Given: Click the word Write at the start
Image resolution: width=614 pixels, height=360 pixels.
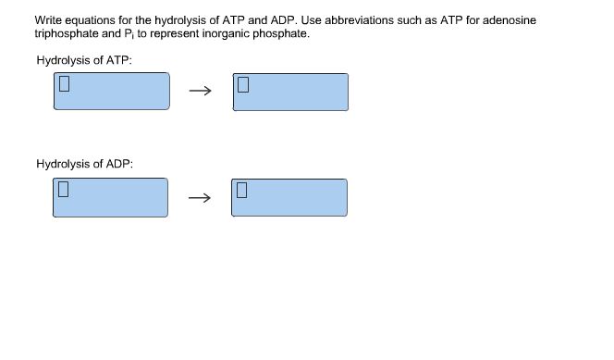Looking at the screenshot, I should pos(48,19).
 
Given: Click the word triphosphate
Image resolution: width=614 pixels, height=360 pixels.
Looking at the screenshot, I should pos(66,32).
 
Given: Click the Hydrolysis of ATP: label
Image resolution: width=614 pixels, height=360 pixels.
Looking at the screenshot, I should pos(84,59).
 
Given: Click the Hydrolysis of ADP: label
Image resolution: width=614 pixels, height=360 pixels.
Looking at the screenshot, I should pos(84,164).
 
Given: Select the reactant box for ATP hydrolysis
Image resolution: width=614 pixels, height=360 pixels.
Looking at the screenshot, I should pos(111,92).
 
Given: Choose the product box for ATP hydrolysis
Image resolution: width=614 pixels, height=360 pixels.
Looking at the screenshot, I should pos(290,92).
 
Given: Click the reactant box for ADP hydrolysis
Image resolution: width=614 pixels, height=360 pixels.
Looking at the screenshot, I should pos(110,197).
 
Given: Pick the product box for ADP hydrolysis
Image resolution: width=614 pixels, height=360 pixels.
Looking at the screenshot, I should pos(289,197).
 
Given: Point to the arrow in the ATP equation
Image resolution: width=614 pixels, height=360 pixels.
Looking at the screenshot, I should pos(200,92).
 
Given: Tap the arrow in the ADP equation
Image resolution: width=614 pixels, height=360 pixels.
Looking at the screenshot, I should pos(200,197).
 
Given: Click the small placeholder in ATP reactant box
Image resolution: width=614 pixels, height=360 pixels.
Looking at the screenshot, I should pos(65,85).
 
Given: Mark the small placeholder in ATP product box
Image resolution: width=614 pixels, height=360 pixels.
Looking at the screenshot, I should pos(243,85).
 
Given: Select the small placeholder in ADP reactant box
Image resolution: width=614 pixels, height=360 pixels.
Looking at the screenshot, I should pos(64,191).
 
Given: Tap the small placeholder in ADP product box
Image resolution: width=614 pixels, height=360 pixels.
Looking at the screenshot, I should pos(242,191).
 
